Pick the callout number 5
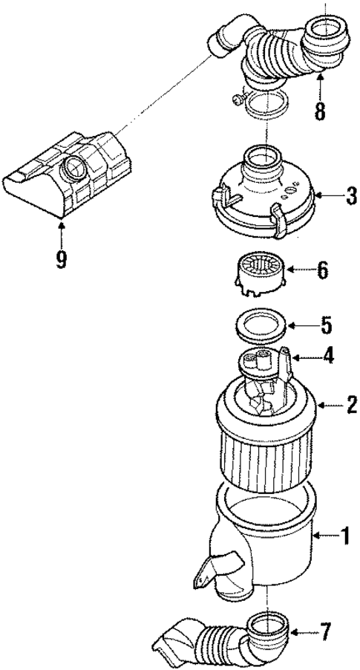(326, 325)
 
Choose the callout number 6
(321, 270)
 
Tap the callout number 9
(61, 258)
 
